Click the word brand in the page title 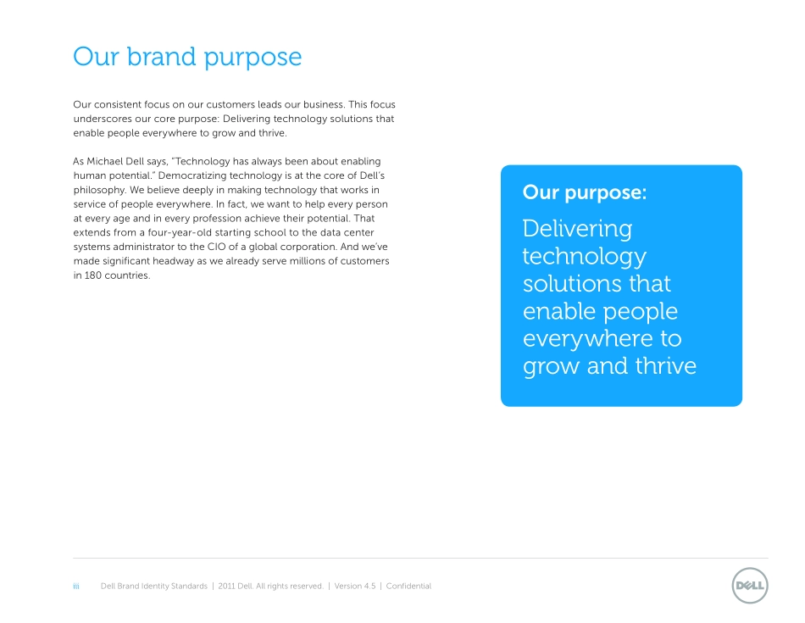pos(162,56)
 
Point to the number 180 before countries pos(93,275)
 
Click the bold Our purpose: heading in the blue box pos(584,193)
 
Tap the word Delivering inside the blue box pos(577,230)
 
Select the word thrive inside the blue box pos(665,365)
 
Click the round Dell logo pos(750,586)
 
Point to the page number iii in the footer pos(76,586)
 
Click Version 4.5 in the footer pos(355,586)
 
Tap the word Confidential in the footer pos(408,586)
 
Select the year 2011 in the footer pos(226,586)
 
